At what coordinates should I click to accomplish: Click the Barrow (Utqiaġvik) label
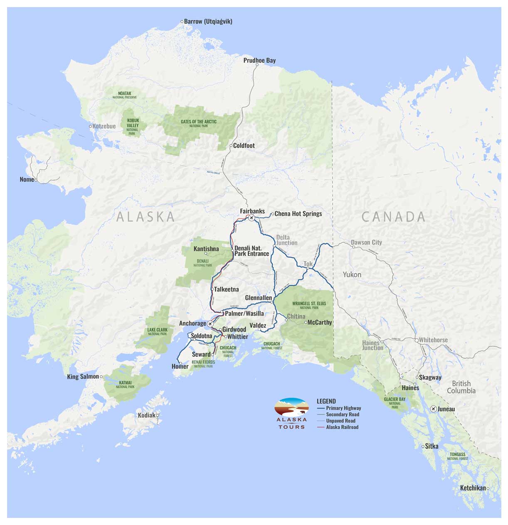[208, 21]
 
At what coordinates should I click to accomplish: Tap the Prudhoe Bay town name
[259, 60]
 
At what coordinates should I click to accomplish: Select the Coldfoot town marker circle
[231, 146]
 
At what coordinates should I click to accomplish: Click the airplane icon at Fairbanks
[251, 218]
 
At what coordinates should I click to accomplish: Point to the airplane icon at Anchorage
[210, 324]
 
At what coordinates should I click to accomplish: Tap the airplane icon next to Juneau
[434, 409]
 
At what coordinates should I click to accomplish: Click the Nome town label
[27, 179]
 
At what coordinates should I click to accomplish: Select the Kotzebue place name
[104, 126]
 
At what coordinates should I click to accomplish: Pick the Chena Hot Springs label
[298, 213]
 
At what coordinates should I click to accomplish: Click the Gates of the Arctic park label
[198, 123]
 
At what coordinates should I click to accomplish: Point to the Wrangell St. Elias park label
[309, 305]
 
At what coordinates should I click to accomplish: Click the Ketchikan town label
[473, 488]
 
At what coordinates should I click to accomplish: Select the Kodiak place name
[146, 415]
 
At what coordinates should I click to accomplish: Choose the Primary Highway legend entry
[343, 408]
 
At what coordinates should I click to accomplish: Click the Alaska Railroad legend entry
[342, 427]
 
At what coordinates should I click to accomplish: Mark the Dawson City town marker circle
[354, 247]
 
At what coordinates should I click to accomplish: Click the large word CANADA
[393, 216]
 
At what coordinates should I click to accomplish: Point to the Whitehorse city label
[433, 340]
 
